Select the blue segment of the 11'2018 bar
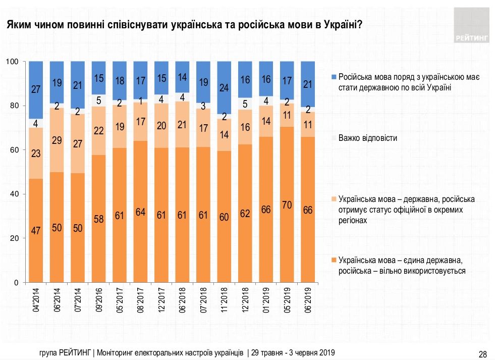[224, 87]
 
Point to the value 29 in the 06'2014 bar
[57, 140]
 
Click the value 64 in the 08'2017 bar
[140, 212]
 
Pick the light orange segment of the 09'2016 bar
[98, 131]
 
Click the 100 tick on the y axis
[13, 62]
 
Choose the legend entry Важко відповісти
[368, 138]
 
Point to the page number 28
[482, 353]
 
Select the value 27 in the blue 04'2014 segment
[36, 90]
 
